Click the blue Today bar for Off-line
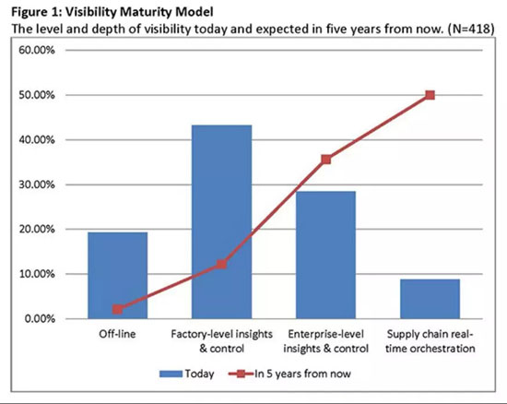click(x=118, y=275)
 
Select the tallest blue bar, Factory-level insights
click(x=222, y=222)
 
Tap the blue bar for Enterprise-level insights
click(x=326, y=255)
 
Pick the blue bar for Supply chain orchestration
click(x=430, y=299)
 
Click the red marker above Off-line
click(x=118, y=310)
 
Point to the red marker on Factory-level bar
click(x=221, y=265)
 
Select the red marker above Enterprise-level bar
click(x=326, y=160)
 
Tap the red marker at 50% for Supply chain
click(x=430, y=95)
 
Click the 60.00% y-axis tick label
click(x=37, y=51)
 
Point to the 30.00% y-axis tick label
click(x=37, y=184)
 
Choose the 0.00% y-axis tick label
click(x=40, y=319)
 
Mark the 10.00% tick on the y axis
click(x=37, y=274)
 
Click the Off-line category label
click(x=117, y=334)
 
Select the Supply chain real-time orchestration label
click(x=430, y=341)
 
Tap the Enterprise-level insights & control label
click(x=326, y=341)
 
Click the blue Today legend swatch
click(x=171, y=374)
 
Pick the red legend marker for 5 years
click(x=241, y=374)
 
